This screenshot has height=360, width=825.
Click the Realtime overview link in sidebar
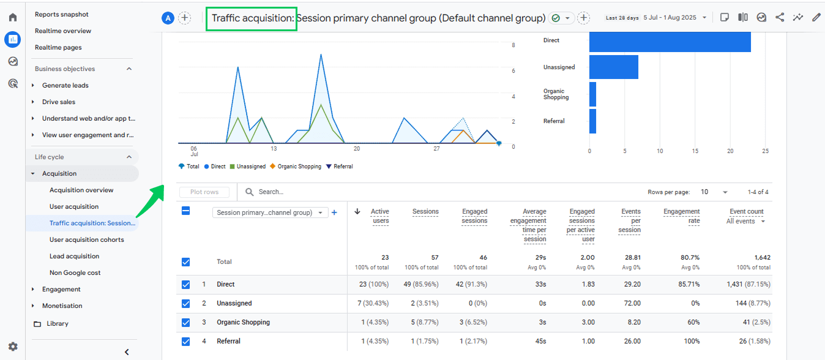point(62,31)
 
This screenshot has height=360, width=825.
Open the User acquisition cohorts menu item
point(86,239)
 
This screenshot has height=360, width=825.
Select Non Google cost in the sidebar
point(75,272)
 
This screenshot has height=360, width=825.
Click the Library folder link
point(57,323)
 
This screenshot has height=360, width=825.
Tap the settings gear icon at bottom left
point(13,347)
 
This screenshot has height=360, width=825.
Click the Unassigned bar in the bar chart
point(613,67)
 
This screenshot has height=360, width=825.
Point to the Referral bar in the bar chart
point(592,121)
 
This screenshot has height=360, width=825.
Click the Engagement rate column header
point(681,216)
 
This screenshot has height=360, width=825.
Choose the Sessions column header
point(425,212)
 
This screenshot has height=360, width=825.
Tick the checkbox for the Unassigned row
point(186,304)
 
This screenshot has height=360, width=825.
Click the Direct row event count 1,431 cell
point(748,285)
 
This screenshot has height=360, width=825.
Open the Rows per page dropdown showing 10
point(714,192)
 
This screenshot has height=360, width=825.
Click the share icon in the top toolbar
point(780,18)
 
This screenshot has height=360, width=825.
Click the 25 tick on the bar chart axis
point(765,151)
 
